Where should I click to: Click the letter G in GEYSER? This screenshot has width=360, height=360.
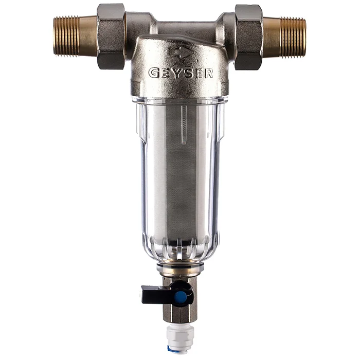(154, 73)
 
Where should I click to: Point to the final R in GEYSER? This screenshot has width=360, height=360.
(208, 74)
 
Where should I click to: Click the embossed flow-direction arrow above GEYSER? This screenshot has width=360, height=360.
(180, 52)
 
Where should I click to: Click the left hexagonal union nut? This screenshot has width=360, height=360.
(111, 37)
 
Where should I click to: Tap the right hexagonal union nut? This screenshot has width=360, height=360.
(249, 37)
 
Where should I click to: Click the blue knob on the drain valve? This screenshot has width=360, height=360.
(180, 297)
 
